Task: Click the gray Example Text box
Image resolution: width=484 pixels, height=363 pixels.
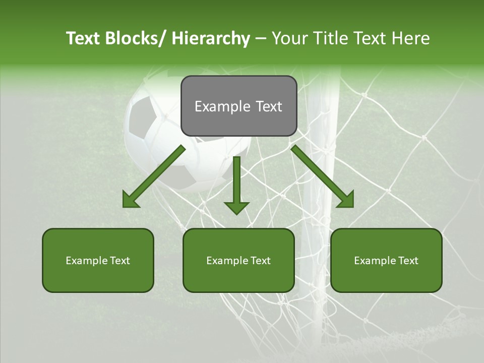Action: pyautogui.click(x=238, y=106)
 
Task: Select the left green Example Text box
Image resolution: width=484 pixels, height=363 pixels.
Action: pyautogui.click(x=98, y=260)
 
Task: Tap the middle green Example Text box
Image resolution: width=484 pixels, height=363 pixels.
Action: pyautogui.click(x=238, y=260)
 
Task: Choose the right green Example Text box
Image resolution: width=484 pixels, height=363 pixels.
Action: pyautogui.click(x=386, y=260)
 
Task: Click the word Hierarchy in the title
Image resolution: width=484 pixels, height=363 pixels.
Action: pyautogui.click(x=210, y=38)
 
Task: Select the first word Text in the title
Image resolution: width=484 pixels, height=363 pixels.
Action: pyautogui.click(x=83, y=38)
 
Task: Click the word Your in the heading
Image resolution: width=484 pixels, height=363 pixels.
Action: pyautogui.click(x=289, y=38)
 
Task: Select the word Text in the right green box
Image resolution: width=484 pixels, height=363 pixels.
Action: pyautogui.click(x=407, y=261)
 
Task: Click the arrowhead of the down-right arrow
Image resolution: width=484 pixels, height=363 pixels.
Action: pyautogui.click(x=344, y=199)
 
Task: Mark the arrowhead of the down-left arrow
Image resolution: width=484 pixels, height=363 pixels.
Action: pyautogui.click(x=131, y=199)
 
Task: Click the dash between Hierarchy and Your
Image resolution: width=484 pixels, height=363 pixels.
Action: pyautogui.click(x=261, y=38)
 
